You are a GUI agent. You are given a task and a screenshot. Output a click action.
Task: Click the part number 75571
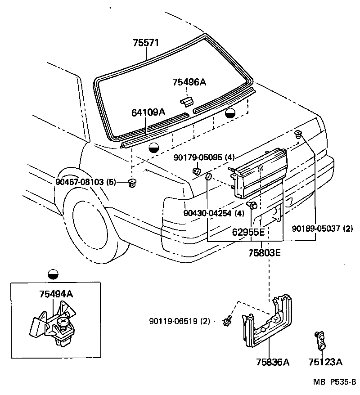click(147, 43)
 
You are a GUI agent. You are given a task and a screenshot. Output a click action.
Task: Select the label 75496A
click(189, 82)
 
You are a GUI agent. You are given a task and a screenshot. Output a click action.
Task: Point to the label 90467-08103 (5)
click(86, 182)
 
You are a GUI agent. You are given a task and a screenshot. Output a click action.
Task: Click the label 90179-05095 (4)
click(204, 157)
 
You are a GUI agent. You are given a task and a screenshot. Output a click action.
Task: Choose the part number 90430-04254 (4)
click(214, 213)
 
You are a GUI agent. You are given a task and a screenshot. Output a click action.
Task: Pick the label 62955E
click(248, 232)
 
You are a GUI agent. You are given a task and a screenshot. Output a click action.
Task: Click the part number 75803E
click(265, 253)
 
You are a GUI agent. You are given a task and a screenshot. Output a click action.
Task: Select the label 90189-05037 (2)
click(323, 228)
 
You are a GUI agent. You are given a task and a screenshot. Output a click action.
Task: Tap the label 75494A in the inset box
click(56, 294)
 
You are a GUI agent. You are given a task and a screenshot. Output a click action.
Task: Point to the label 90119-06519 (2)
click(180, 321)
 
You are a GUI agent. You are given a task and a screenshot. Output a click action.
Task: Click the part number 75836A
click(273, 362)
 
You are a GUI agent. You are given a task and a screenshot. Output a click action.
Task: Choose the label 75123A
click(325, 362)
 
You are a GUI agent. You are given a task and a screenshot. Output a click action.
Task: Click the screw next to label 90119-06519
click(228, 320)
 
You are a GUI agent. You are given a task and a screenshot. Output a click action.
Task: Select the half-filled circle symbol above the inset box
click(53, 274)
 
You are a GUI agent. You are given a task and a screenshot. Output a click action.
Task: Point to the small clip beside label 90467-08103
click(132, 183)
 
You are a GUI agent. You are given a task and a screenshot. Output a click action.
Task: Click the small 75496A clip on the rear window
click(187, 100)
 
